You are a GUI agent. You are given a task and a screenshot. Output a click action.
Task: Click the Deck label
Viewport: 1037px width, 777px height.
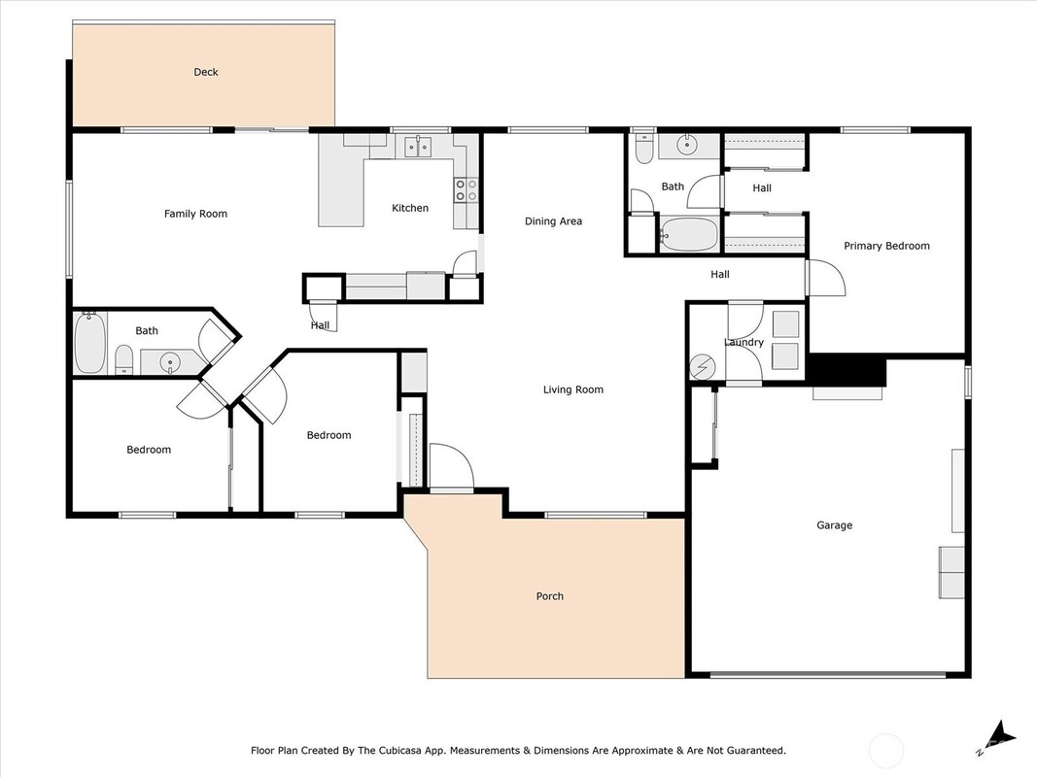pos(206,72)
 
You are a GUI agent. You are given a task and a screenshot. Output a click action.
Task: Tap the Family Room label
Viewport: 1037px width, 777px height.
pos(195,214)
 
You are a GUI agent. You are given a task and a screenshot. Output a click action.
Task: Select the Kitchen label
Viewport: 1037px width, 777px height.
pos(410,208)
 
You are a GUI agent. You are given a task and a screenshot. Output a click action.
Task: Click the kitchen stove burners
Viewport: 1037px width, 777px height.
pos(466,190)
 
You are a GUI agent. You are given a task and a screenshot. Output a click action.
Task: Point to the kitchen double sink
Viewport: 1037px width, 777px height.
pos(418,146)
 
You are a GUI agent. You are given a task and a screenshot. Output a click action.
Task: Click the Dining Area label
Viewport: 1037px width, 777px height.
pos(554,221)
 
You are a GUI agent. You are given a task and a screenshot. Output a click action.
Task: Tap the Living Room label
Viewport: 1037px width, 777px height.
pos(573,389)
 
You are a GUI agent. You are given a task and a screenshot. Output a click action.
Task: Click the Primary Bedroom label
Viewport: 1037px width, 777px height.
pos(887,246)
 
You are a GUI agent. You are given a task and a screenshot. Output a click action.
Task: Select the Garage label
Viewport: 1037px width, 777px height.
pos(835,525)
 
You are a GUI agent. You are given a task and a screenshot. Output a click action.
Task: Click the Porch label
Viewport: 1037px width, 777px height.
pos(550,596)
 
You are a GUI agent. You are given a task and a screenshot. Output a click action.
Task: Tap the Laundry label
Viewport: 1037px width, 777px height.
pos(744,342)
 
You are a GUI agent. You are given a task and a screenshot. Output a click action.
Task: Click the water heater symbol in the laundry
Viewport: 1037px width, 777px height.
pos(703,367)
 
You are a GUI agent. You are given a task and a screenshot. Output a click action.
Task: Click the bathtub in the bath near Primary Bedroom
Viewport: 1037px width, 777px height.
pos(688,234)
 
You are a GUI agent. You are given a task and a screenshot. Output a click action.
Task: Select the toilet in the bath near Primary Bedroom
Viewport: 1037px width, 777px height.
pos(643,150)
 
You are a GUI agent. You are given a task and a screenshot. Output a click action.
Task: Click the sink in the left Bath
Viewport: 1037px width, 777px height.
pos(170,362)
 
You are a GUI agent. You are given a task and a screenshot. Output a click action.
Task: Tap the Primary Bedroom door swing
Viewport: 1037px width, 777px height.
pos(825,278)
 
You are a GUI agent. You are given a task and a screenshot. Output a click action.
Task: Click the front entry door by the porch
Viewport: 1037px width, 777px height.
pos(452,467)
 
